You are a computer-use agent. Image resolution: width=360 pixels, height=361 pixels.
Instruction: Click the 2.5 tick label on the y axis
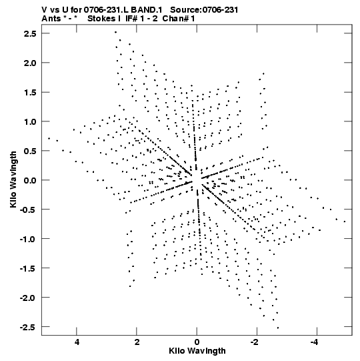30,33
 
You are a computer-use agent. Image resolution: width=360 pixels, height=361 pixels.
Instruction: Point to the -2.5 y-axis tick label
28,327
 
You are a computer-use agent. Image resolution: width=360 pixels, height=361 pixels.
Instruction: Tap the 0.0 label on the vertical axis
30,180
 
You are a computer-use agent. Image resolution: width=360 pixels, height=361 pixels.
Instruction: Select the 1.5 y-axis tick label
30,92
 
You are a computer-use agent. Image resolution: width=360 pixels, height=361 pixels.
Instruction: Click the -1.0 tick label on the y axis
28,239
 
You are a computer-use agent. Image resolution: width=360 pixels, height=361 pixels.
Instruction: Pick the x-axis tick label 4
77,342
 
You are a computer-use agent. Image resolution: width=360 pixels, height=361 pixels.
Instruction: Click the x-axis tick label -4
315,342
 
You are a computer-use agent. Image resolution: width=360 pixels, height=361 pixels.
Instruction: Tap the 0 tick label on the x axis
197,342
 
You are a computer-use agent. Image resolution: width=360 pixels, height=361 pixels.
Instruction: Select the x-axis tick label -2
255,342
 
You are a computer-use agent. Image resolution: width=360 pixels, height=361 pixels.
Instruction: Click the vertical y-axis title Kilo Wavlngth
13,179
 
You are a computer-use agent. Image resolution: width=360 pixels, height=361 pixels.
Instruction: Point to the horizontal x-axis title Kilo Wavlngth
197,351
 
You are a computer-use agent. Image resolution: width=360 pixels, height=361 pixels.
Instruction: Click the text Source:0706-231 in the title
204,10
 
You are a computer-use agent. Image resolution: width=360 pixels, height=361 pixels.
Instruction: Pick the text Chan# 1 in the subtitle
179,19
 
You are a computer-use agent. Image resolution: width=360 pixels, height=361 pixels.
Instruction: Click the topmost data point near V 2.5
116,32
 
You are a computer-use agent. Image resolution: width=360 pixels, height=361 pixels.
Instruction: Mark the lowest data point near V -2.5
278,328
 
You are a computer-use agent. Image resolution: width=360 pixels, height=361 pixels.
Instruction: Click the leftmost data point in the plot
49,138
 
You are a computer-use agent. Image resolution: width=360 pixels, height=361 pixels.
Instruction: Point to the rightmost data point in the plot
345,222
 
